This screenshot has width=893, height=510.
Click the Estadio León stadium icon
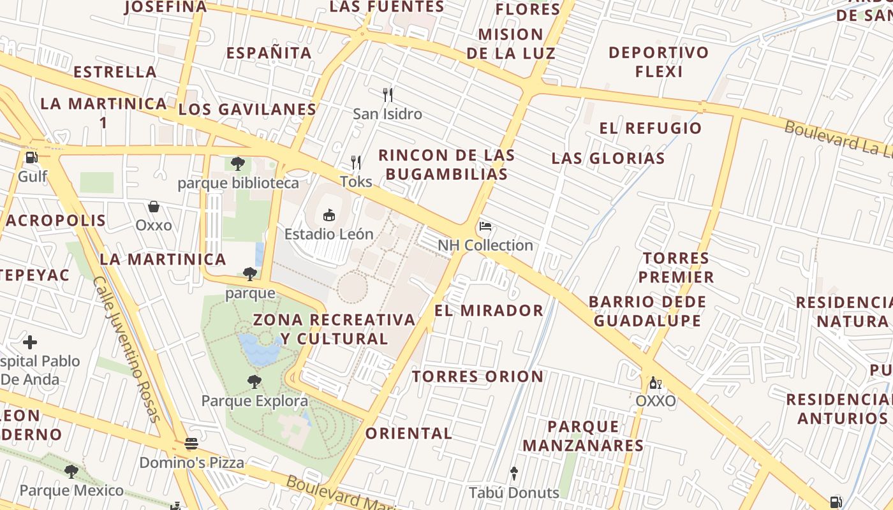point(329,215)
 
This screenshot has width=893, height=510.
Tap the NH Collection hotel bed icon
point(485,226)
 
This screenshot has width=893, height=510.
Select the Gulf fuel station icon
point(31,157)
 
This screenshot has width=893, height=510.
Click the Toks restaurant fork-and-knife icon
point(356,163)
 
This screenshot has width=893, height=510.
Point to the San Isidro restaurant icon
point(387,95)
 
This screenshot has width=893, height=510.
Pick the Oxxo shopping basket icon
point(154,207)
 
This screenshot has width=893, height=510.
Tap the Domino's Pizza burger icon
point(191,443)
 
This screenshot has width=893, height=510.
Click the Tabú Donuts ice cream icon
point(514,474)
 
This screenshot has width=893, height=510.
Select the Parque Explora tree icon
point(255,382)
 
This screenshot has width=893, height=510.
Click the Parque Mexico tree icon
point(71,471)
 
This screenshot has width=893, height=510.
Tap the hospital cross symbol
point(29,342)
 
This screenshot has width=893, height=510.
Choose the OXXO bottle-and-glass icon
point(654,383)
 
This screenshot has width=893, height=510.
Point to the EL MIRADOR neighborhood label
point(489,310)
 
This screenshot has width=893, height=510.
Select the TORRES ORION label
point(478,377)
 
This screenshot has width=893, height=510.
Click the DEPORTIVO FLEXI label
point(658,62)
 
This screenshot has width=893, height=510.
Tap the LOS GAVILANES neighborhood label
point(247,110)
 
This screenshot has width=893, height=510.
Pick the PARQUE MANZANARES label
point(583,436)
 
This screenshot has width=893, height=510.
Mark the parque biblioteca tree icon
point(238,164)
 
